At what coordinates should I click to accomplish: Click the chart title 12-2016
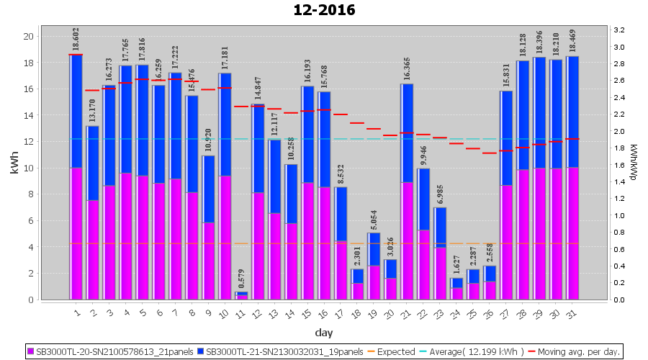pyautogui.click(x=324, y=10)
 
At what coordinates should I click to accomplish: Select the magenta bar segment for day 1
pyautogui.click(x=76, y=233)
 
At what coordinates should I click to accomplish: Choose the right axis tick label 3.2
pyautogui.click(x=618, y=30)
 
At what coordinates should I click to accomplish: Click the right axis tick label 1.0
pyautogui.click(x=618, y=216)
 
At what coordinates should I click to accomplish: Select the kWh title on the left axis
pyautogui.click(x=14, y=167)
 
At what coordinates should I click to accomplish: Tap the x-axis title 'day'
pyautogui.click(x=324, y=333)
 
